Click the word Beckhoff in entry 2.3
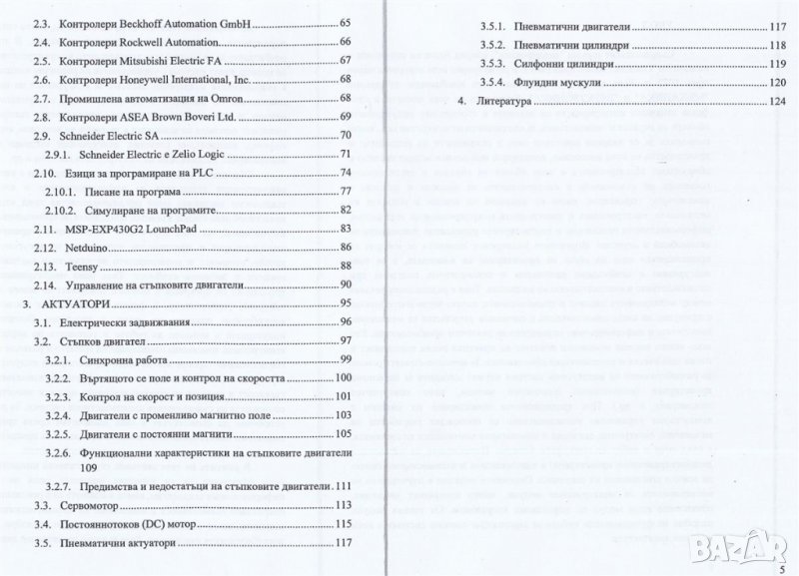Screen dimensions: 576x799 pyautogui.click(x=151, y=22)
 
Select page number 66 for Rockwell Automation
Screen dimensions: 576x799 pyautogui.click(x=346, y=42)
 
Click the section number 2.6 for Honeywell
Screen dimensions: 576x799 pyautogui.click(x=40, y=79)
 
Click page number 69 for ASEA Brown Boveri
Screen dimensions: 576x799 pyautogui.click(x=346, y=117)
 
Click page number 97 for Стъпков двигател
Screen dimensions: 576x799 pyautogui.click(x=346, y=341)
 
